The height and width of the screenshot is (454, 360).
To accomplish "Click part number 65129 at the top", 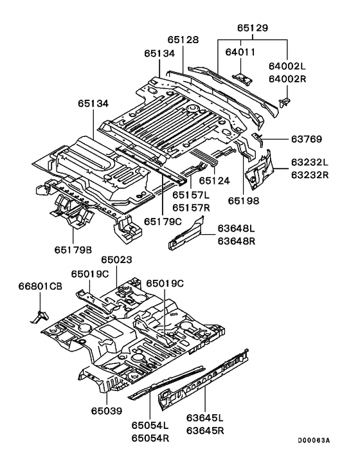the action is [x=253, y=28].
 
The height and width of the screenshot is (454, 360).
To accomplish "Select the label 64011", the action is [x=240, y=52].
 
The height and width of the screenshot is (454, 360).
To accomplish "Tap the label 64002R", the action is [x=287, y=78].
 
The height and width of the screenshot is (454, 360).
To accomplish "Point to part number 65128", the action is [x=183, y=40].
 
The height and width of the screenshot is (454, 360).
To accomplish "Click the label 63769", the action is [x=307, y=140].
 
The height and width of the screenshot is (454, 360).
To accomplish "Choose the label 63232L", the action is [x=310, y=162].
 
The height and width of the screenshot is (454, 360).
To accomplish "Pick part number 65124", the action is [x=215, y=181].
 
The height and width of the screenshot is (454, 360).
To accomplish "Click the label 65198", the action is [x=244, y=201].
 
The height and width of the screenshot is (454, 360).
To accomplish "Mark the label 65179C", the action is [x=163, y=222].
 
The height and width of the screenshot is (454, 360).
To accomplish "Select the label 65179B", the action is [x=73, y=250].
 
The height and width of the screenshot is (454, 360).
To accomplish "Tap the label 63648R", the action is [x=237, y=241].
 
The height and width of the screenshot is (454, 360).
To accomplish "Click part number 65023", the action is [x=116, y=260].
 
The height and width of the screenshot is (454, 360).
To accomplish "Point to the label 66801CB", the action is [x=40, y=286].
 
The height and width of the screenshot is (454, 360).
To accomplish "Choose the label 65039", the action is [x=107, y=411].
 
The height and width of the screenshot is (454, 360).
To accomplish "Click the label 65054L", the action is [x=150, y=425].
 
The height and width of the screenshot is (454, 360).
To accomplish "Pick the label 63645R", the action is [x=205, y=431].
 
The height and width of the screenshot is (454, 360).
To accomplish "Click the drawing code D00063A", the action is [x=314, y=440].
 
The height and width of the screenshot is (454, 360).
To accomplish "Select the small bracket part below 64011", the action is [x=242, y=78].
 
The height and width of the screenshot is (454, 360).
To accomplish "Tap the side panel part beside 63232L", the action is [x=260, y=170].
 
